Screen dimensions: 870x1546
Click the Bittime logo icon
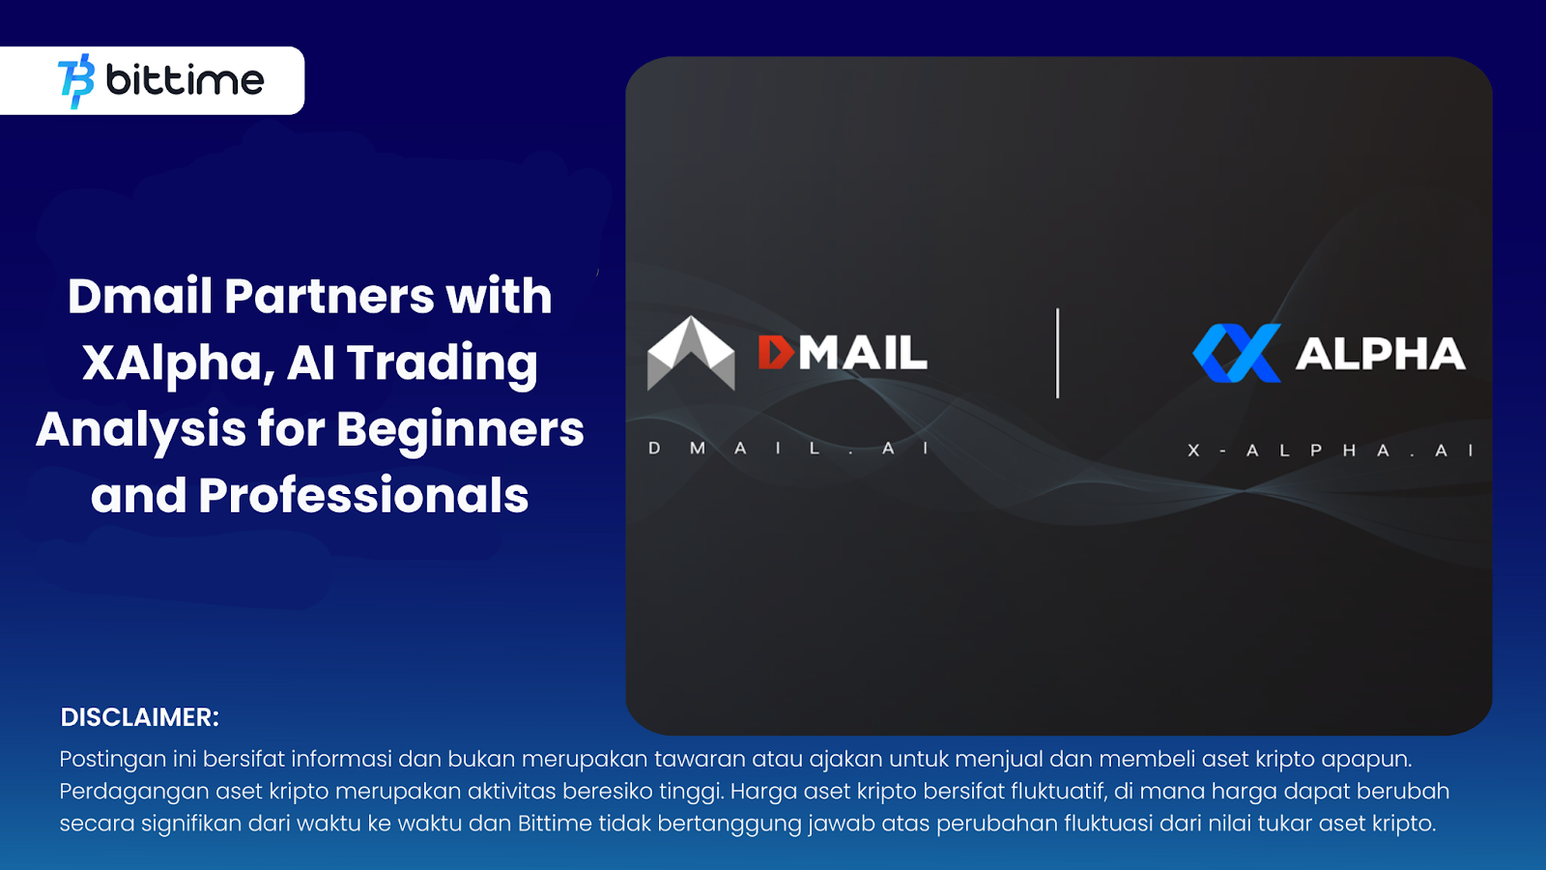[x=76, y=81]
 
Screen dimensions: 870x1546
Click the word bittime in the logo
[x=185, y=80]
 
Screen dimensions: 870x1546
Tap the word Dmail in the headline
[x=139, y=296]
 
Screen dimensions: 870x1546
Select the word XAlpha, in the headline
[x=177, y=362]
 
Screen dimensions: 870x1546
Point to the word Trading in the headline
[x=443, y=362]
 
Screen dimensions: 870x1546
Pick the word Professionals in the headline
[x=363, y=496]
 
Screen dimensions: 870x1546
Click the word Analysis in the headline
[x=141, y=429]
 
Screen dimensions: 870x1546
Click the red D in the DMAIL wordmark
[x=776, y=353]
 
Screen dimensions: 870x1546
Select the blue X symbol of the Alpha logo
[x=1238, y=353]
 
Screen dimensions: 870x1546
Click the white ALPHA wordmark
[x=1381, y=354]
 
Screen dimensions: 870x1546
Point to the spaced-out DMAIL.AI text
[x=788, y=449]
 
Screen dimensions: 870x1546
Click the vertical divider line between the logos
[x=1058, y=353]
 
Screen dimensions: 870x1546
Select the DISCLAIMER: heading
[x=140, y=717]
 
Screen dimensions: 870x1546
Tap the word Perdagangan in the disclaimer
[x=134, y=792]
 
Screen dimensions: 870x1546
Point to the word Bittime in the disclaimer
[x=555, y=824]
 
